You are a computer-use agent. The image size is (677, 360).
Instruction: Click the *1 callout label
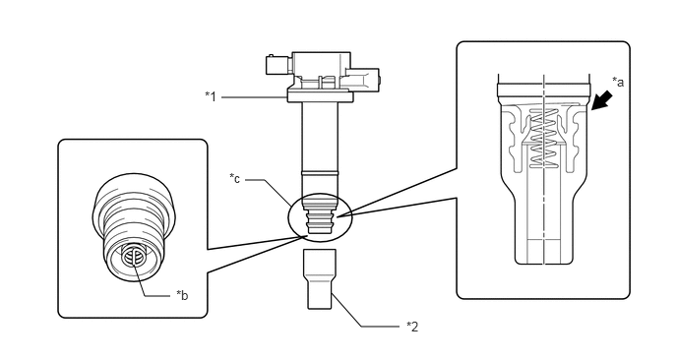pyautogui.click(x=211, y=96)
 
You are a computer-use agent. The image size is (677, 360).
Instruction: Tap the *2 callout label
pyautogui.click(x=412, y=327)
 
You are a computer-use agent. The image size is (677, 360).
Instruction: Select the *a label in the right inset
pyautogui.click(x=618, y=82)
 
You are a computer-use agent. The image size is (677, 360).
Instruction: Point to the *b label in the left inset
pyautogui.click(x=182, y=295)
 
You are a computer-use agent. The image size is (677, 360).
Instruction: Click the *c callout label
pyautogui.click(x=235, y=178)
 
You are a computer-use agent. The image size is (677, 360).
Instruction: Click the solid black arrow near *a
pyautogui.click(x=602, y=99)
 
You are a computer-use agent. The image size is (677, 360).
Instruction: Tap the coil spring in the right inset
pyautogui.click(x=543, y=138)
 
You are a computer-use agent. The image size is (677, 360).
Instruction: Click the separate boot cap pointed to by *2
pyautogui.click(x=320, y=278)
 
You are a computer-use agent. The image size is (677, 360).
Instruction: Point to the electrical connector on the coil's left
pyautogui.click(x=278, y=66)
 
